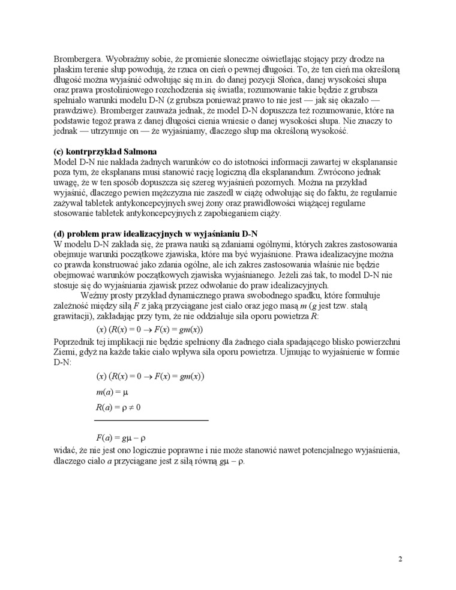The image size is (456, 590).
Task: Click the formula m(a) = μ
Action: click(113, 392)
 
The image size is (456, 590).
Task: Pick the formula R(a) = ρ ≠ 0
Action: click(118, 408)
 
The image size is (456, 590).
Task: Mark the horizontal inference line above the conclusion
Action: click(151, 420)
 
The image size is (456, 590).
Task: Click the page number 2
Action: click(400, 559)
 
